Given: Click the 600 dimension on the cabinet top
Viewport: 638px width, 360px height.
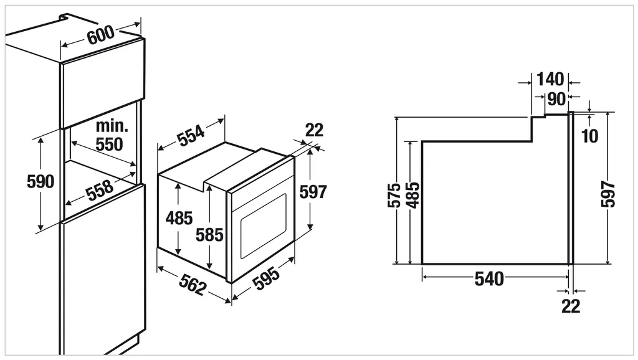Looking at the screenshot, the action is click(100, 35).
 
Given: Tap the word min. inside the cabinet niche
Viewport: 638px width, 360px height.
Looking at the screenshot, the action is click(112, 126).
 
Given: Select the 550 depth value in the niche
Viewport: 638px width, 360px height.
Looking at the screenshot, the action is click(109, 144).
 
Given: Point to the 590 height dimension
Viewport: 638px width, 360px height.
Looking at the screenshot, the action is click(40, 181).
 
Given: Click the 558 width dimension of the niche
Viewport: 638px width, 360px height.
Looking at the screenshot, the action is click(100, 190).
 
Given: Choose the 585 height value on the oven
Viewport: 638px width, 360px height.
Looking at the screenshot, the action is click(209, 235).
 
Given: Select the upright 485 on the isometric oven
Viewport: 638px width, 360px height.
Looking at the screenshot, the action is click(179, 219).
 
